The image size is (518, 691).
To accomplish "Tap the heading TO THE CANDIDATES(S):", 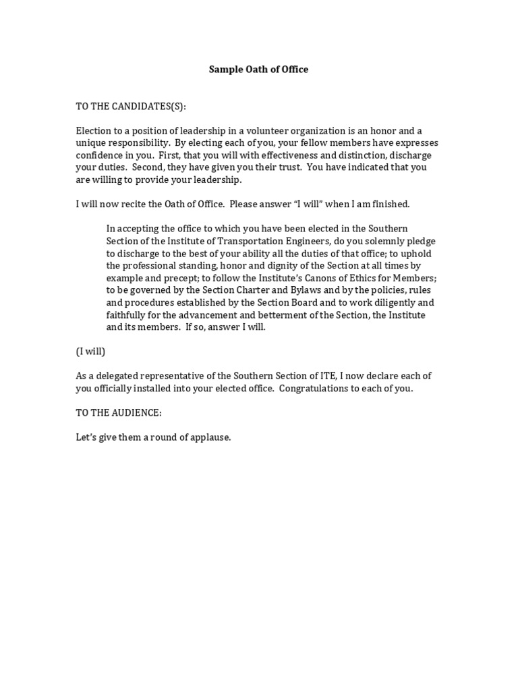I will [131, 107].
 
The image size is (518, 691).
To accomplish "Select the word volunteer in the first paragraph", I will [268, 131].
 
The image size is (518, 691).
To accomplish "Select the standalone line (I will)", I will [90, 352].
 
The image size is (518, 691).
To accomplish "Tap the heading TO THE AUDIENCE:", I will [119, 413].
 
